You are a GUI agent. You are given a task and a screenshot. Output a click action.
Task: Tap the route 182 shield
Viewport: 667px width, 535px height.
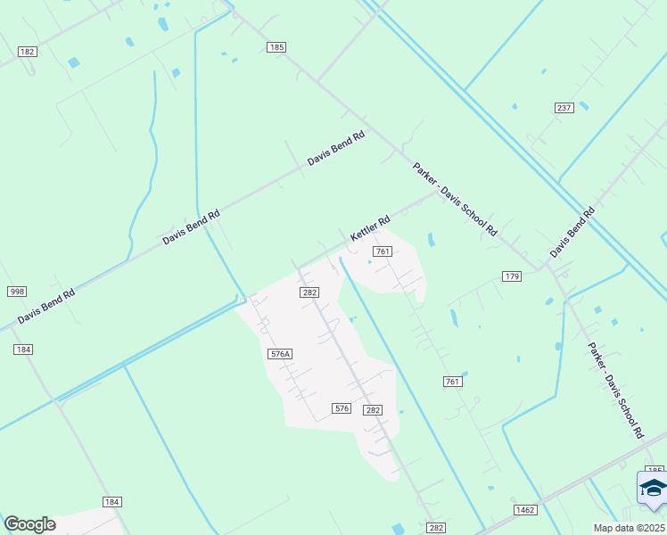click(27, 52)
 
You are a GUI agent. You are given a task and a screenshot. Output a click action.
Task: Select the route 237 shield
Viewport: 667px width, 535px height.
click(564, 108)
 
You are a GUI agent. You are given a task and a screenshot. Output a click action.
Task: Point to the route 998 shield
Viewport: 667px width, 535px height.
click(17, 292)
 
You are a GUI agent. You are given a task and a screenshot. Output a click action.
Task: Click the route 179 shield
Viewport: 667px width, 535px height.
click(511, 276)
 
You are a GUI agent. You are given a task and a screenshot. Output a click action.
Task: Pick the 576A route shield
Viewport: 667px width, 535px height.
click(280, 354)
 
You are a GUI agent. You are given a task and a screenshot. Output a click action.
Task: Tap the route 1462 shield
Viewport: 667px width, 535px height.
click(524, 509)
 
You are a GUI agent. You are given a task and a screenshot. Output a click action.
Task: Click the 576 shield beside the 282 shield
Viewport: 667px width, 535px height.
click(342, 408)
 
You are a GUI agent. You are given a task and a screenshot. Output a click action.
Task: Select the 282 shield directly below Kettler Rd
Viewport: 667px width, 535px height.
click(309, 292)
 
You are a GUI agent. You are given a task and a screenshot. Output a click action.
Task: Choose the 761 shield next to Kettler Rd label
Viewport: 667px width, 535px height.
click(383, 251)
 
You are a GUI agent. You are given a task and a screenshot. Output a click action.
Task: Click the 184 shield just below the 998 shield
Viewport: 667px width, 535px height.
click(23, 349)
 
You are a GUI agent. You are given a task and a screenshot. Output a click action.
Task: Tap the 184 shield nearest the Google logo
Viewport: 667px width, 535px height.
click(111, 503)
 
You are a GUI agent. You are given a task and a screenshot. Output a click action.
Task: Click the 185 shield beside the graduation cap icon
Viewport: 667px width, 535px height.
click(655, 470)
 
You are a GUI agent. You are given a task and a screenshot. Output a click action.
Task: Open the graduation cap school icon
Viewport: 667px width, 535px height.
click(652, 489)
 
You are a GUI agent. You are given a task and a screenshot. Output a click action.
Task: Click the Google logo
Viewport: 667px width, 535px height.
click(29, 524)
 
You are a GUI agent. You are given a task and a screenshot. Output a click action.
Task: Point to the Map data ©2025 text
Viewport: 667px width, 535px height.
click(629, 528)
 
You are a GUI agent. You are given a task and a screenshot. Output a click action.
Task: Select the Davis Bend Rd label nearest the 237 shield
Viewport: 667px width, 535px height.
click(572, 233)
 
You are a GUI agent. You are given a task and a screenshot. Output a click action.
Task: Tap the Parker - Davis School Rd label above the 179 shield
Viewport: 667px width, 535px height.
click(454, 199)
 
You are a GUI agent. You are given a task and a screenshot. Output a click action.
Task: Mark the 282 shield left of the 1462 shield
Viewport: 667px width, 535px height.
click(435, 528)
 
